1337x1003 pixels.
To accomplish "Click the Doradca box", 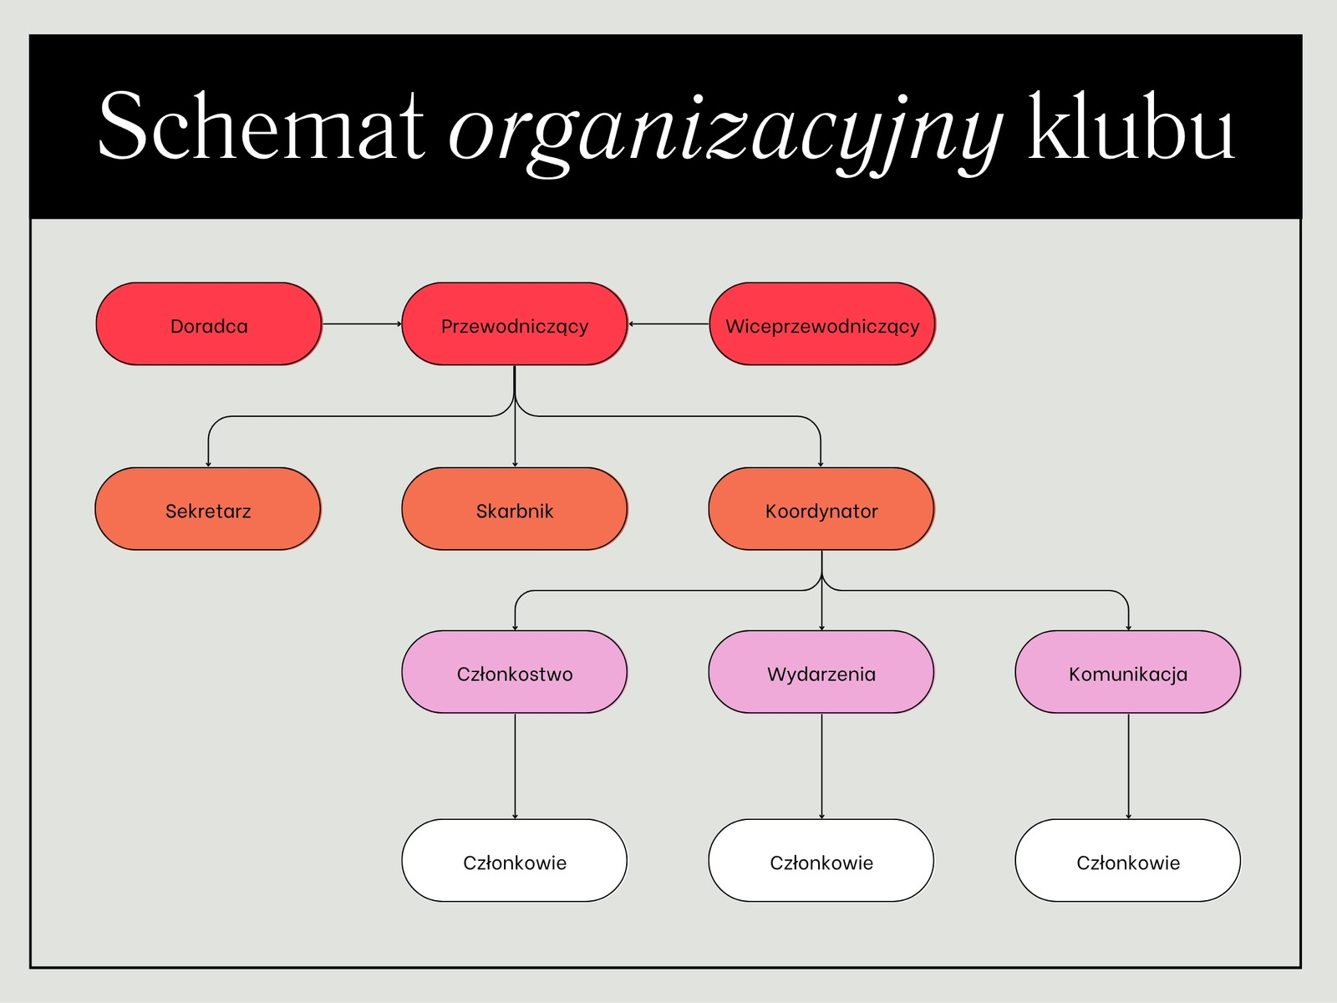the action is [209, 324].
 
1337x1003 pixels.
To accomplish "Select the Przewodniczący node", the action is [515, 324].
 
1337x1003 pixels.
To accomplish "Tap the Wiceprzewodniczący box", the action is [822, 324].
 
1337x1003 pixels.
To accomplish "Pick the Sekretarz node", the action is [208, 509].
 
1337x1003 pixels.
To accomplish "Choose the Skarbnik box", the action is [515, 509].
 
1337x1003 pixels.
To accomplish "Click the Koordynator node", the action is [821, 509].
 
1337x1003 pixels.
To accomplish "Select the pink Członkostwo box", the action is [515, 672].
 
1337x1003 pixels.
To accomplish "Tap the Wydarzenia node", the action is [821, 672].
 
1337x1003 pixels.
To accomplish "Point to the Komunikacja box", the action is [1128, 672].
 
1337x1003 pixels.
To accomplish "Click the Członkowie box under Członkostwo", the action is [515, 861].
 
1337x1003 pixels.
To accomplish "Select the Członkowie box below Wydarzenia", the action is [821, 861].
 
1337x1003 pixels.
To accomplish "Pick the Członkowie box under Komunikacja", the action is [1128, 861].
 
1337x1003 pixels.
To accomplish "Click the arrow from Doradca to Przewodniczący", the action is [362, 324].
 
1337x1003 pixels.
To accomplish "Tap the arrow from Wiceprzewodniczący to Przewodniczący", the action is [668, 324].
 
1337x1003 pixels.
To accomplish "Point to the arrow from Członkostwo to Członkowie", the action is [516, 766].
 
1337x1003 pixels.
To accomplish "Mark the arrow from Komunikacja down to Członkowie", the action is [1129, 766].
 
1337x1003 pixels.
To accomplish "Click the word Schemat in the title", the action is [262, 125].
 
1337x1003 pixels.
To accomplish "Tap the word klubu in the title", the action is [1131, 125].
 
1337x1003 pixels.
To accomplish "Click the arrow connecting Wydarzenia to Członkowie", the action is [821, 766].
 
